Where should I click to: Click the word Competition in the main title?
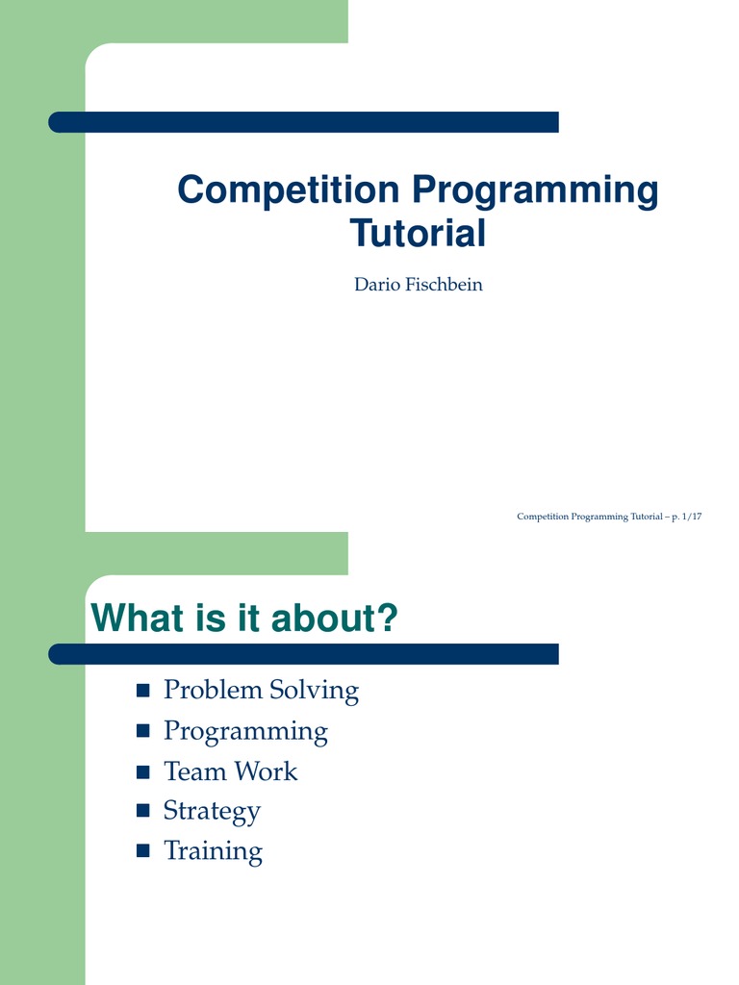[x=289, y=189]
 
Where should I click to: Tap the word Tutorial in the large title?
[x=418, y=233]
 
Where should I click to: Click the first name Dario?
[x=377, y=285]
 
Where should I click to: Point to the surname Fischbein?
[x=444, y=285]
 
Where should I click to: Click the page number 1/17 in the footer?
[x=692, y=517]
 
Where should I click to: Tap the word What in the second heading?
[x=139, y=618]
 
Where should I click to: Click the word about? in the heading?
[x=335, y=618]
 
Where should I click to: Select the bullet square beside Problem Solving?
[x=143, y=691]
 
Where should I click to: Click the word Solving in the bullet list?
[x=315, y=691]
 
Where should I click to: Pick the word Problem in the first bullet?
[x=213, y=690]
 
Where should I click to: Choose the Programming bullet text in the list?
[x=245, y=732]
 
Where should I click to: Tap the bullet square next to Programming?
[x=143, y=731]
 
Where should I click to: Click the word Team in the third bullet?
[x=196, y=771]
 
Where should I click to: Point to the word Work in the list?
[x=267, y=771]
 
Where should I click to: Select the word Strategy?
[x=212, y=812]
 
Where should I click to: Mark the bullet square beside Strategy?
[x=143, y=810]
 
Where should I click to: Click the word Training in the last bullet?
[x=213, y=852]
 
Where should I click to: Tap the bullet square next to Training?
[x=143, y=850]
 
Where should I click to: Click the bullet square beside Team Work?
[x=143, y=772]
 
